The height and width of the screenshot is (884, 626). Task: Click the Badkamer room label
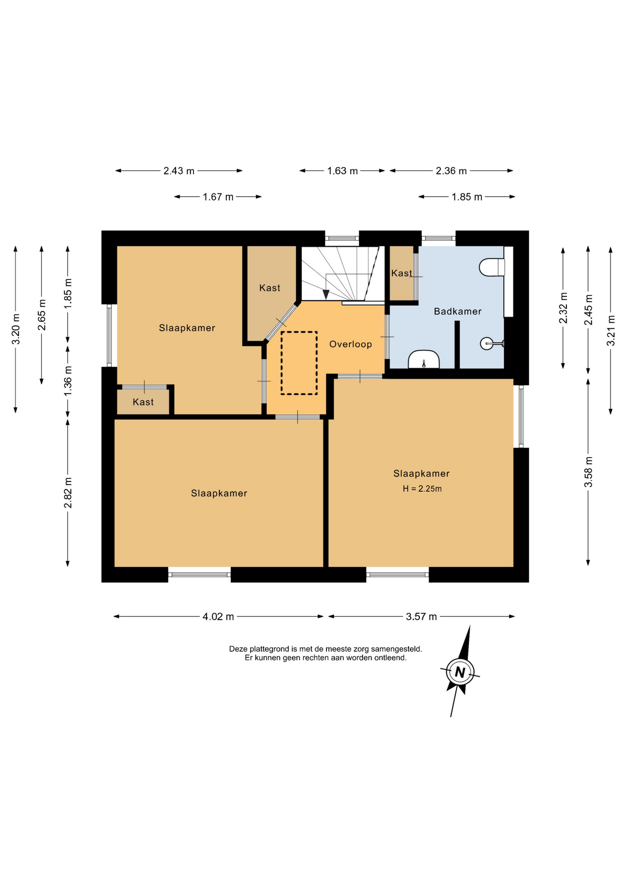tap(457, 311)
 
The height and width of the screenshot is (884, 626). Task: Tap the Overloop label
tap(350, 344)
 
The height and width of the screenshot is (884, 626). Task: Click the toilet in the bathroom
tap(492, 267)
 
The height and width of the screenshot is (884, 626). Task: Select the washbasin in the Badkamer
tap(424, 359)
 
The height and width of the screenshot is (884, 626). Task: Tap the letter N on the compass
tap(460, 672)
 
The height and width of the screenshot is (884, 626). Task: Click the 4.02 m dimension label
tap(218, 616)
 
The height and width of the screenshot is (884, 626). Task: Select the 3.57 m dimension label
tap(421, 616)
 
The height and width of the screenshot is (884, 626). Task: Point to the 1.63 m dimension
tap(343, 171)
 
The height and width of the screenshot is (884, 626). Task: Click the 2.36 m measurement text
tap(451, 171)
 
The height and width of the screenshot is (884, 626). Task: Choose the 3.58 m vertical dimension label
tap(588, 472)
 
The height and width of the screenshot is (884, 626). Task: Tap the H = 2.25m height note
tap(422, 489)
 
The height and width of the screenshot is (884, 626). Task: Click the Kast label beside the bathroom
tap(402, 273)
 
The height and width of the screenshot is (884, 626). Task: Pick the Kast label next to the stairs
tap(270, 288)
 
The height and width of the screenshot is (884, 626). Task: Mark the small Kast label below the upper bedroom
tap(143, 402)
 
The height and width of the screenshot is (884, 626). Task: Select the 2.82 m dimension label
tap(68, 493)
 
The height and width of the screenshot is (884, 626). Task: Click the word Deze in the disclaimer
tap(238, 649)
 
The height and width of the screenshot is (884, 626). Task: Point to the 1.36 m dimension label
tap(68, 380)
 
